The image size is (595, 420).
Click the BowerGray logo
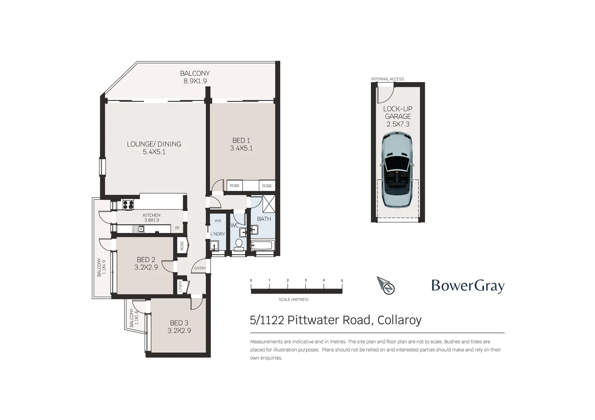468,286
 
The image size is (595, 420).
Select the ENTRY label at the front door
200,268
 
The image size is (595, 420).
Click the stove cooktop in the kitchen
128,204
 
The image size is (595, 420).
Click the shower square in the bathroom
269,203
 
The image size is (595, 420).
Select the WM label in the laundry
218,221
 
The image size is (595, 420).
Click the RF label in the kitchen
177,228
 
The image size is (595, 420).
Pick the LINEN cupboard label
180,287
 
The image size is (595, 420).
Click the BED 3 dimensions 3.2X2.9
179,331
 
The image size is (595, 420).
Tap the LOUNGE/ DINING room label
154,144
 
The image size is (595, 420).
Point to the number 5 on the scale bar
342,280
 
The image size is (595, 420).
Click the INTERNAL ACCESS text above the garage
387,79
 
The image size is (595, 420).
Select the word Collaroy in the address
399,320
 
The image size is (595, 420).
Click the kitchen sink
140,229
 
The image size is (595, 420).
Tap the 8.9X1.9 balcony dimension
195,81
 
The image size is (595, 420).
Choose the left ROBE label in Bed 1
235,186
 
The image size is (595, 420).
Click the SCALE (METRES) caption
293,299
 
